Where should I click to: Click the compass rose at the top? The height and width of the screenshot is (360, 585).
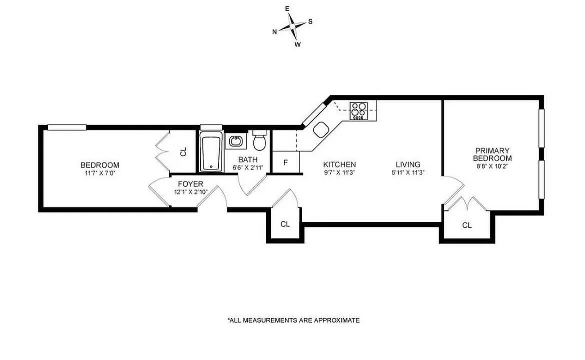pos(292,26)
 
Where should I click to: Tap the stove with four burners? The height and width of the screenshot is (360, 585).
pos(359,111)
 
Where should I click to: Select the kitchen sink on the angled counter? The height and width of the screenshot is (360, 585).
pos(321,130)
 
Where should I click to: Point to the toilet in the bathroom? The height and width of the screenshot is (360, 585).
pos(259,142)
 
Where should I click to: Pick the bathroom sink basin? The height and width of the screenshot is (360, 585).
pos(235,142)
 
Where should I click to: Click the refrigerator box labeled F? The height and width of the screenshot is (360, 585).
pos(285,162)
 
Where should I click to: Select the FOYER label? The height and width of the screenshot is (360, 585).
pos(190,184)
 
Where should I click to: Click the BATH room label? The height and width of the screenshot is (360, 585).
pos(248,160)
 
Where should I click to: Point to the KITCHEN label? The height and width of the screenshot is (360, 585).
pos(339,165)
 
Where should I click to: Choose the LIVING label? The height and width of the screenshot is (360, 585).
pos(408,165)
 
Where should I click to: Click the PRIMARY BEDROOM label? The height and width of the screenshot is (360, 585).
pos(492,154)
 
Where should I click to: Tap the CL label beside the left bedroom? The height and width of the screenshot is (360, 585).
pos(183,153)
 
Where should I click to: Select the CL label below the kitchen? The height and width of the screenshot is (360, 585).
pos(285,224)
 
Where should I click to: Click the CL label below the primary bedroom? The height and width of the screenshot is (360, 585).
pos(467,225)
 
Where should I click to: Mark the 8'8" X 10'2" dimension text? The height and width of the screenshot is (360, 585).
pos(492,166)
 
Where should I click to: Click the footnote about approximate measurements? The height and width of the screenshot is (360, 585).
pos(293,320)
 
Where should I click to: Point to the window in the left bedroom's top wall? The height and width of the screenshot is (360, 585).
pos(67,127)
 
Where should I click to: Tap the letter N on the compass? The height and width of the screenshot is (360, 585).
pos(274,31)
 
